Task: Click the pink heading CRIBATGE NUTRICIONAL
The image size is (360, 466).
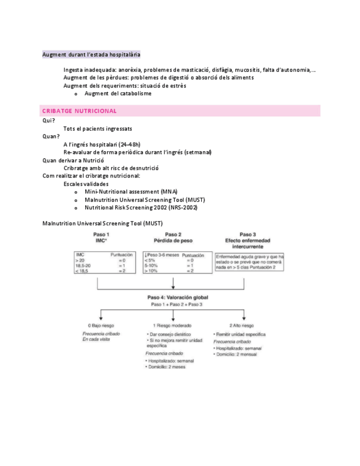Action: coord(80,110)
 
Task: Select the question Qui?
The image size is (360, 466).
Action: coord(48,120)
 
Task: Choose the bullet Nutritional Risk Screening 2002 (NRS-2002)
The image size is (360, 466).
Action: coord(141,208)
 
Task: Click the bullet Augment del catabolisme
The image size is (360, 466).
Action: coord(118,93)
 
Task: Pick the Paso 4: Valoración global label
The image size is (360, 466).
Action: coord(173,297)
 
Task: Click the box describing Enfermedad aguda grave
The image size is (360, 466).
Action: coord(249,262)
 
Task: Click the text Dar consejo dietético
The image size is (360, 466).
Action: coord(169,334)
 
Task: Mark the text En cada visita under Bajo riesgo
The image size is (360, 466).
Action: coord(96,340)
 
